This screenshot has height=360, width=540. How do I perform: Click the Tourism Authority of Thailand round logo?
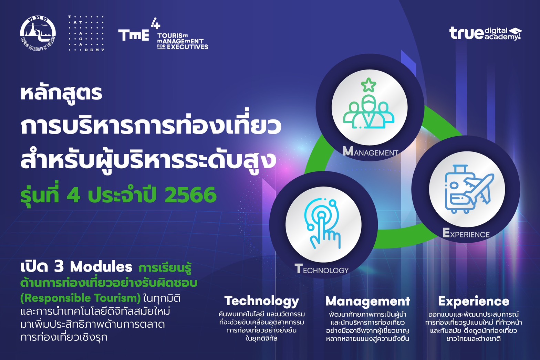point(38,33)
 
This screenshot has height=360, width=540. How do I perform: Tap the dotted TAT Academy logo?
point(86,33)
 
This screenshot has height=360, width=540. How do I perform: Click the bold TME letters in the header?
point(134,35)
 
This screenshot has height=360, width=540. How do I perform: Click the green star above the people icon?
point(368,85)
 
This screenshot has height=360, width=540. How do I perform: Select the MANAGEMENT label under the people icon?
point(371,151)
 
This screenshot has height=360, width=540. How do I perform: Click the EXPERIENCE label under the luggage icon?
point(466,233)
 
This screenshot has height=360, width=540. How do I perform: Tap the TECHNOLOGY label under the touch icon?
point(322,269)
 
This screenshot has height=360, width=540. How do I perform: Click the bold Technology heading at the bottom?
point(262,301)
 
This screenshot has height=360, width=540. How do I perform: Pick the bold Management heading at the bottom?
point(368,301)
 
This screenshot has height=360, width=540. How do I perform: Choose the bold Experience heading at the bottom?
point(474,301)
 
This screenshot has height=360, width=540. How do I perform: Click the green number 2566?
point(190,195)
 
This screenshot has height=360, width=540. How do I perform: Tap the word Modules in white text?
point(101,267)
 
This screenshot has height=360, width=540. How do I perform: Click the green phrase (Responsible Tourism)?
point(81,298)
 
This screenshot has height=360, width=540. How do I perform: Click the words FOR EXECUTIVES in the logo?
point(183,47)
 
